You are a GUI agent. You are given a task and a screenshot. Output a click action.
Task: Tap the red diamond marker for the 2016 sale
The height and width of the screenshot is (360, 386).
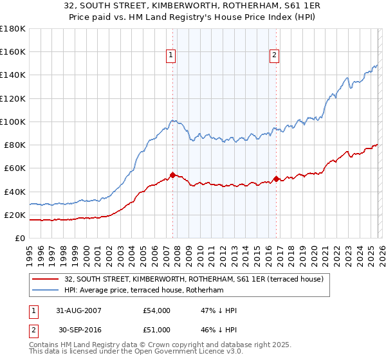[x=276, y=179]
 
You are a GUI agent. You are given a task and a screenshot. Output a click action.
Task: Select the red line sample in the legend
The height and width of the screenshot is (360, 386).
[x=46, y=279]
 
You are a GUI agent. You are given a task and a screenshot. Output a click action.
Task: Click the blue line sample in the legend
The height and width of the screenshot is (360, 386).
[x=46, y=291]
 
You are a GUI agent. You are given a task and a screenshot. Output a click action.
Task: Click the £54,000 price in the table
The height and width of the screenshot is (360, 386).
[x=157, y=310]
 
